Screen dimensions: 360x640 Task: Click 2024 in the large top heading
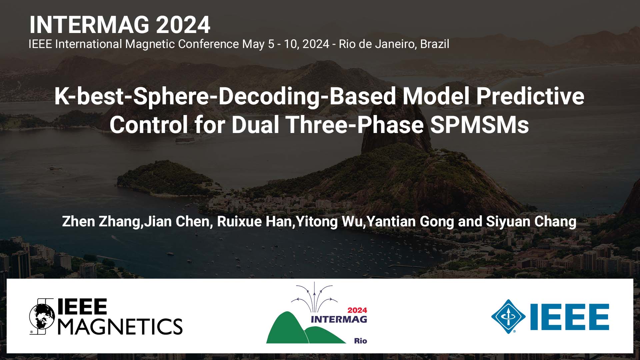click(183, 25)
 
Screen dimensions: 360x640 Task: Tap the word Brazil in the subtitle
click(434, 44)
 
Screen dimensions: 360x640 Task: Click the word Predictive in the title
click(530, 96)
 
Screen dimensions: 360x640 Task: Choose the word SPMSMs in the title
click(479, 125)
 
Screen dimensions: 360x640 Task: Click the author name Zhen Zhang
click(101, 222)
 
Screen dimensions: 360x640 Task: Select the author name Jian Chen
click(176, 222)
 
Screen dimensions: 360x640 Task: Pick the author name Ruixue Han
click(254, 222)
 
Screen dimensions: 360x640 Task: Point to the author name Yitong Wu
click(329, 222)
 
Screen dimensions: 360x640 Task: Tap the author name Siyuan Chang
click(531, 222)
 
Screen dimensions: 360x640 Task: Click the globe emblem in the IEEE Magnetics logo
click(42, 316)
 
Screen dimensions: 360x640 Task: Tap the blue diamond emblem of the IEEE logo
click(508, 316)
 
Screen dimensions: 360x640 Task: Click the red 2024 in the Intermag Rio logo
click(357, 310)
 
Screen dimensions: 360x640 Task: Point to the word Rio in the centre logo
click(360, 341)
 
